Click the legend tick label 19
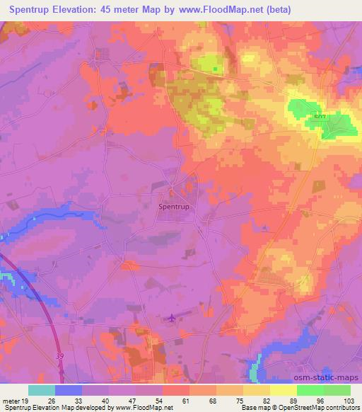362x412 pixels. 25,401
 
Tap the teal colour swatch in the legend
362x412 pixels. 41,390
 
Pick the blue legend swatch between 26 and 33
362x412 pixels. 68,390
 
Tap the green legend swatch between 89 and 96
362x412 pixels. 310,390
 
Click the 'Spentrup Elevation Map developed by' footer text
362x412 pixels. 49,408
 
